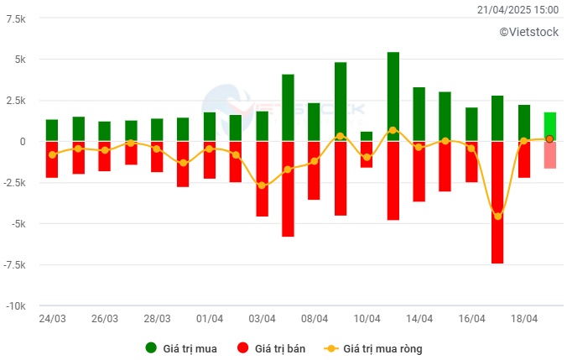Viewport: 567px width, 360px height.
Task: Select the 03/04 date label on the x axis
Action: click(262, 319)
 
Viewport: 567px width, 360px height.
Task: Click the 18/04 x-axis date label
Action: click(524, 319)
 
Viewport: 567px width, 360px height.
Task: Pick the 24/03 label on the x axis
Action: click(52, 319)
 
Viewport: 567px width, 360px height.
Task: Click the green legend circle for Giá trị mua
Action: click(151, 347)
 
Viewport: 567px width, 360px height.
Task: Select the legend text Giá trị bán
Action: click(278, 347)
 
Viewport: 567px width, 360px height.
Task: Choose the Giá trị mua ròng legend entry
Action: click(389, 347)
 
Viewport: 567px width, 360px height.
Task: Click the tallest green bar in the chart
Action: click(393, 97)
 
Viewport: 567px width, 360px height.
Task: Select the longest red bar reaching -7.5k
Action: click(497, 201)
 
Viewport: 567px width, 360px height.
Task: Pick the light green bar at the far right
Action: click(549, 126)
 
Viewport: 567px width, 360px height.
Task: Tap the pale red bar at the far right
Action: click(549, 155)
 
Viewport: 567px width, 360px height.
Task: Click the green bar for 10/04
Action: click(367, 136)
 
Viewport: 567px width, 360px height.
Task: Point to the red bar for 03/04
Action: click(262, 179)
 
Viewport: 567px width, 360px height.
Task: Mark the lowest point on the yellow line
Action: click(497, 217)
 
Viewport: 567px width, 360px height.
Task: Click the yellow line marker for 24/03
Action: click(52, 154)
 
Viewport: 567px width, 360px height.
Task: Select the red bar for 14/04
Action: click(419, 171)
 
